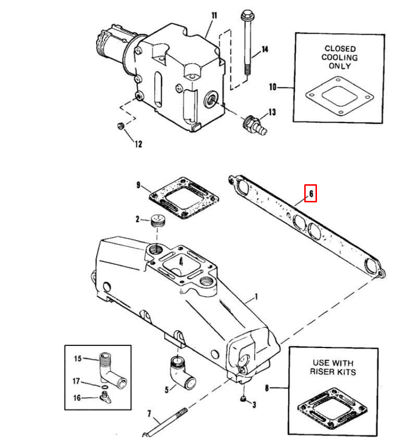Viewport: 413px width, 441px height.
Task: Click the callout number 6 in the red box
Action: tap(311, 194)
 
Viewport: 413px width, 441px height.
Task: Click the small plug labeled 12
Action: tap(121, 126)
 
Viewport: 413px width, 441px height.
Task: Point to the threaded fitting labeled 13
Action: tap(255, 125)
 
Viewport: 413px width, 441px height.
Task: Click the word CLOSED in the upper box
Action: tap(340, 49)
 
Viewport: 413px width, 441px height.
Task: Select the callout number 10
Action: tap(273, 87)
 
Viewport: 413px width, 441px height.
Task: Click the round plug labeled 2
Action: tap(158, 220)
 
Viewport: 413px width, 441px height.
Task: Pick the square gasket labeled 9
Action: tap(184, 198)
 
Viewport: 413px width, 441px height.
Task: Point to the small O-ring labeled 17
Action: tap(104, 387)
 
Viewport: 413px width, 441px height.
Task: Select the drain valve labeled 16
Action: tap(106, 397)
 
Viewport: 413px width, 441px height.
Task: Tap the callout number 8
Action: tap(267, 388)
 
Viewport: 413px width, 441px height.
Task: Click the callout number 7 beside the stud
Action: tap(149, 414)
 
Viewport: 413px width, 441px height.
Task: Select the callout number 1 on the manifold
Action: tap(256, 296)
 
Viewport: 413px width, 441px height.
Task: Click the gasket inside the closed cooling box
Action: tap(340, 96)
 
